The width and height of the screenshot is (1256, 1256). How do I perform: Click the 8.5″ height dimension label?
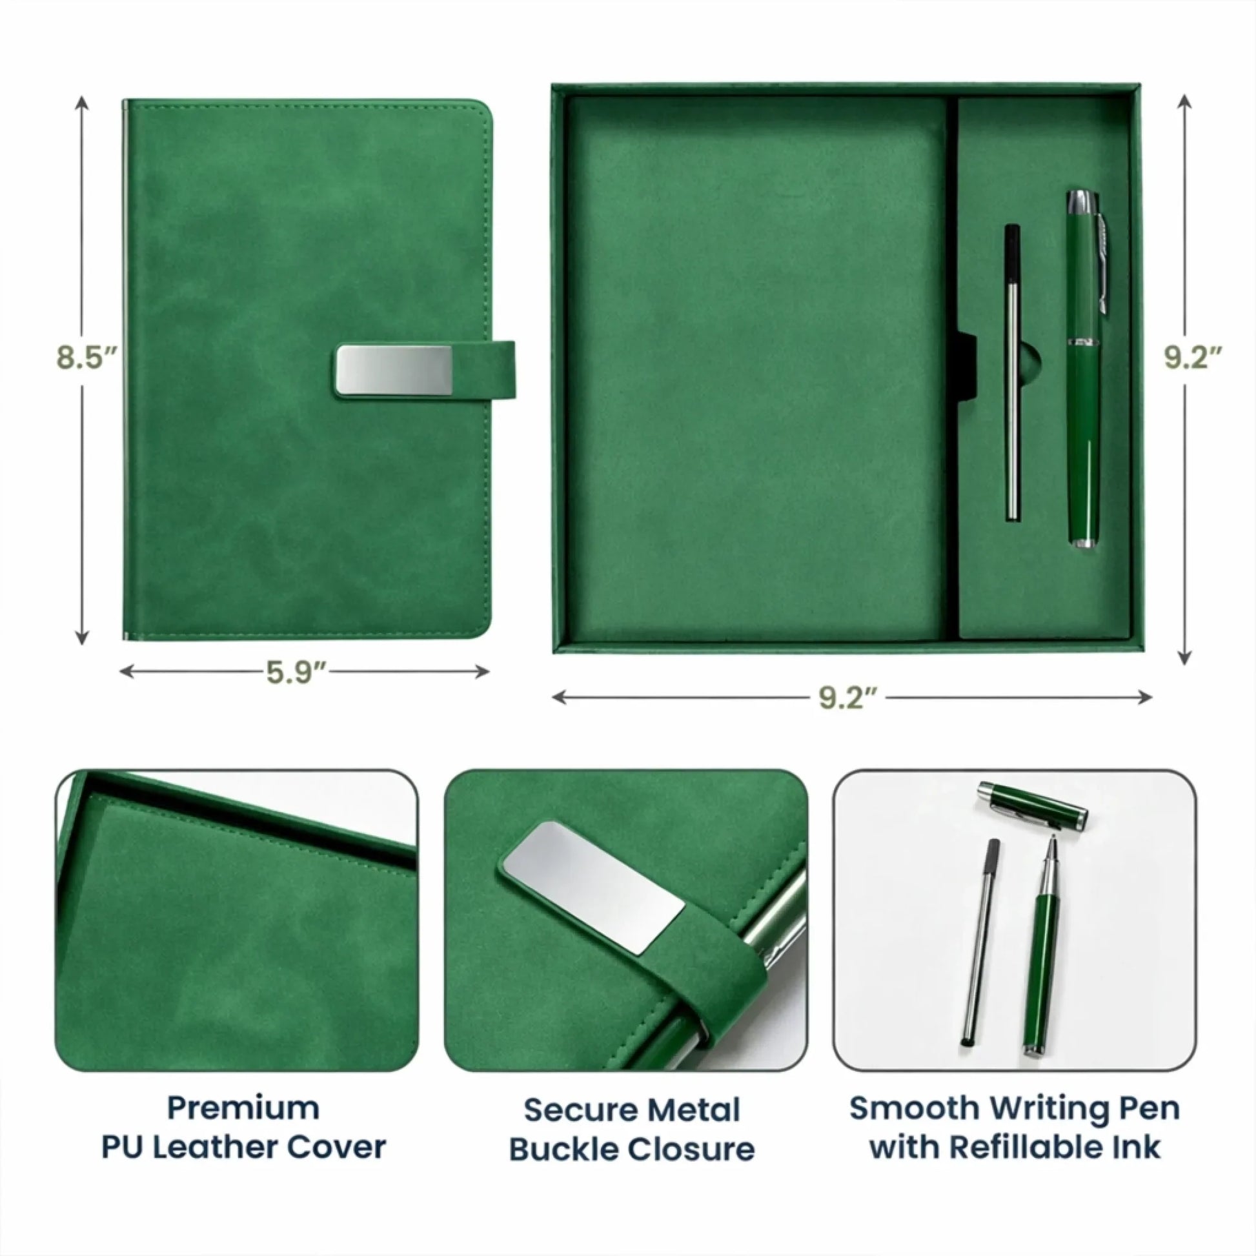(88, 358)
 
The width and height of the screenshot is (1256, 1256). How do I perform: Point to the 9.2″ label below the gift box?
(848, 699)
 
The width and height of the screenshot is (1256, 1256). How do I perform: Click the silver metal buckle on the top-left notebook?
(394, 370)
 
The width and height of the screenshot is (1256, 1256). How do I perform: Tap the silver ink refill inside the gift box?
(1011, 372)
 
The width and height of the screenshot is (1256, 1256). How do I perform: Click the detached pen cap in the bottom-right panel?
(1031, 807)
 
